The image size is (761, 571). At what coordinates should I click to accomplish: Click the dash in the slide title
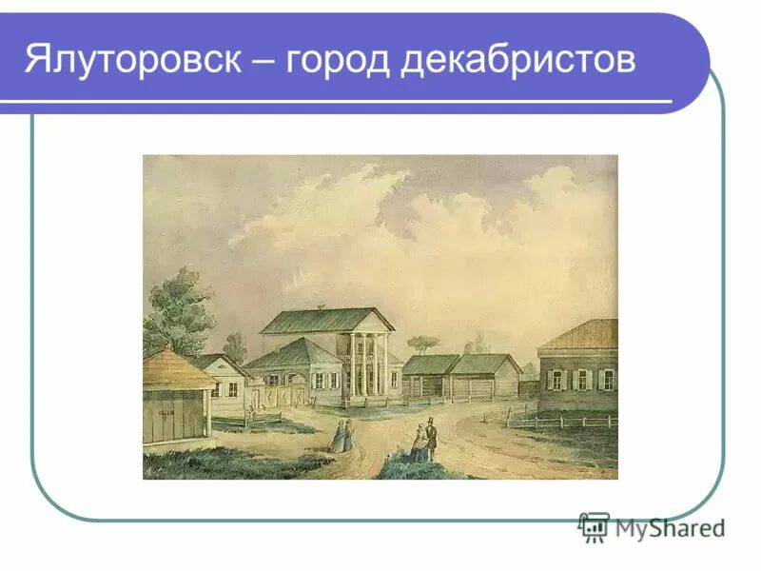[263, 60]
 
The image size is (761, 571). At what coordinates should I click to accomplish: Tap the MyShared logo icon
[594, 526]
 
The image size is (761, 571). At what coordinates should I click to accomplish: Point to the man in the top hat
[430, 437]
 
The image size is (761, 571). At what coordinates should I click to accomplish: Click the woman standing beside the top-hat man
[419, 443]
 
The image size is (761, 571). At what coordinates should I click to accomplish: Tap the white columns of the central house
[365, 366]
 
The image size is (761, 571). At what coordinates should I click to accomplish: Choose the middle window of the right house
[581, 379]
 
